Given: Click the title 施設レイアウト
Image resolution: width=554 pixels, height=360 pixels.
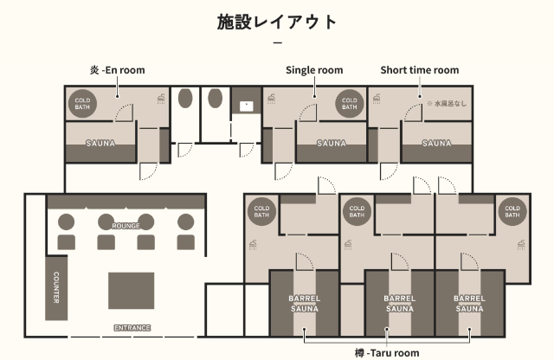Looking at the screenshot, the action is [277, 22].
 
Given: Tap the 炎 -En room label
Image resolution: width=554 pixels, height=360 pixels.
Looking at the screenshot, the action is [118, 70].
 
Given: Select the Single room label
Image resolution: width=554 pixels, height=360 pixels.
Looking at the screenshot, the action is [314, 70].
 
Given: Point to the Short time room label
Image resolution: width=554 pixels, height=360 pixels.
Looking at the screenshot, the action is [419, 70].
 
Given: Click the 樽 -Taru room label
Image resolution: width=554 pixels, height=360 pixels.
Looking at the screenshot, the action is [387, 352].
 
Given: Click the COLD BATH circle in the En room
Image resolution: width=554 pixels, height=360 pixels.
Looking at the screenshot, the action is [82, 104].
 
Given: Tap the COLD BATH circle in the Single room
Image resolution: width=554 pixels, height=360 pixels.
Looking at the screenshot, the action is [349, 104].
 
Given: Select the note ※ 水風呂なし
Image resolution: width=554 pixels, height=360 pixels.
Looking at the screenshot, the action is [447, 104].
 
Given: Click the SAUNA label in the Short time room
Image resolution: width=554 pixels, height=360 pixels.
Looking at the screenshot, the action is [436, 143].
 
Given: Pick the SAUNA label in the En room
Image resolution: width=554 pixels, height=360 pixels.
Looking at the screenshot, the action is [100, 143].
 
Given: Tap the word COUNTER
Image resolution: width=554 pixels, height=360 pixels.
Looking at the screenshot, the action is [55, 287].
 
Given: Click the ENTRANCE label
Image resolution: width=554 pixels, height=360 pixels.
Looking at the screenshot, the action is [132, 328].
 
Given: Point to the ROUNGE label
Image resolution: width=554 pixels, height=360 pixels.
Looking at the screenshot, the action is [126, 226].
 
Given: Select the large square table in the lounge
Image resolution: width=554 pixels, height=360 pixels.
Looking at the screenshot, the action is [131, 291].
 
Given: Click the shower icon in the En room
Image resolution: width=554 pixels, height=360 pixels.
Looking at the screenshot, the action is [161, 99].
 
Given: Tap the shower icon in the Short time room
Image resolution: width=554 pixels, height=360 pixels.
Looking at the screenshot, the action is [377, 99].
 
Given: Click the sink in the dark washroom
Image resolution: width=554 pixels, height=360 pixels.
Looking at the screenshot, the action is [246, 106].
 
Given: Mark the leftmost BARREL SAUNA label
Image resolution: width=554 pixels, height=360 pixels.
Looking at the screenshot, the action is [304, 304].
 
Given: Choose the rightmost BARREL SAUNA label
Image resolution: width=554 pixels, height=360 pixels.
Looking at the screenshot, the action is [469, 304].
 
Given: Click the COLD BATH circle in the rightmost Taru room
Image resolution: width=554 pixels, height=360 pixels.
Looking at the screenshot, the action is [512, 211].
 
